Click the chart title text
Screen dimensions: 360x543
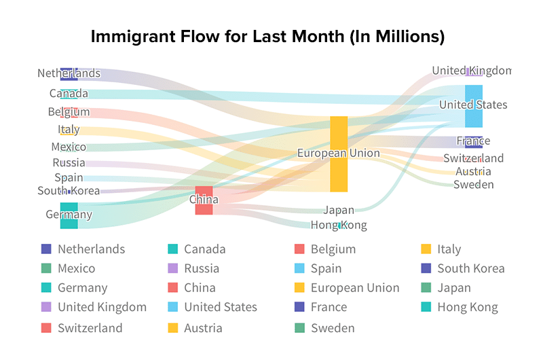click(x=268, y=37)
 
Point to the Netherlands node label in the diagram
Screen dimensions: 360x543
click(x=69, y=73)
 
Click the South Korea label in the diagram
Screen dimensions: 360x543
click(x=69, y=191)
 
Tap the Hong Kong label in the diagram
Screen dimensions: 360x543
click(x=339, y=226)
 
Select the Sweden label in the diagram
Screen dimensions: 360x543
click(x=474, y=185)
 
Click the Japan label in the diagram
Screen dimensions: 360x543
click(x=339, y=211)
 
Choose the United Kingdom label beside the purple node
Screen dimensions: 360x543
click(x=471, y=71)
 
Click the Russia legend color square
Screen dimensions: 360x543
click(x=173, y=268)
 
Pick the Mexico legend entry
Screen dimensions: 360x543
click(x=76, y=268)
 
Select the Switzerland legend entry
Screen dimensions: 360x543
click(x=90, y=328)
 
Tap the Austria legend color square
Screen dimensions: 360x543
click(x=173, y=328)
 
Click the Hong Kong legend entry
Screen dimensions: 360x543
click(x=468, y=307)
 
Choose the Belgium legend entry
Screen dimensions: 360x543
click(x=333, y=249)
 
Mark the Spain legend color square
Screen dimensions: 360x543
click(x=299, y=268)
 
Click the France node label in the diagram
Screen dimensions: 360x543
click(x=473, y=141)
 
